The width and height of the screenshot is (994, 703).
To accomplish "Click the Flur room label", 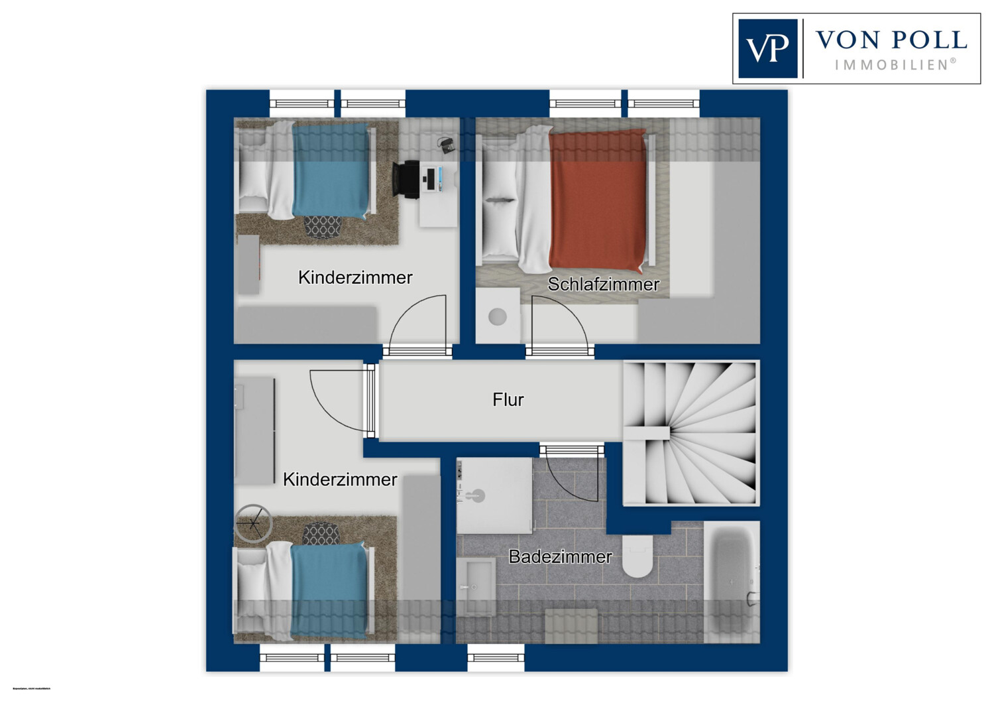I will (x=508, y=400).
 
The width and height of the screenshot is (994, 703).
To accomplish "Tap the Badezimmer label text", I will (x=560, y=557).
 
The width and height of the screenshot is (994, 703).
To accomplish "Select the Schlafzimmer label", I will (x=603, y=285).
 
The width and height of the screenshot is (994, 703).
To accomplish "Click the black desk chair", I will (x=406, y=179).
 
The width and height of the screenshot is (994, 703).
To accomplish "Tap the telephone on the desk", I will (x=446, y=144).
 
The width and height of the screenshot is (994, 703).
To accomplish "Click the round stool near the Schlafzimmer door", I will (x=498, y=317).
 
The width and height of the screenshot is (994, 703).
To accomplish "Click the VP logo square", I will (x=767, y=48).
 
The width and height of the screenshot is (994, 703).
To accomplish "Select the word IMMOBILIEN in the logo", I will (x=895, y=65).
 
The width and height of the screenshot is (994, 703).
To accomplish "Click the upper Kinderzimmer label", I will (x=355, y=278).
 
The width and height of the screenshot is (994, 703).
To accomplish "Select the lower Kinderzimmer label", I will (x=340, y=479).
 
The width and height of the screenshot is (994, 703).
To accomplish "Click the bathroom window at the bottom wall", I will (x=496, y=658).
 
